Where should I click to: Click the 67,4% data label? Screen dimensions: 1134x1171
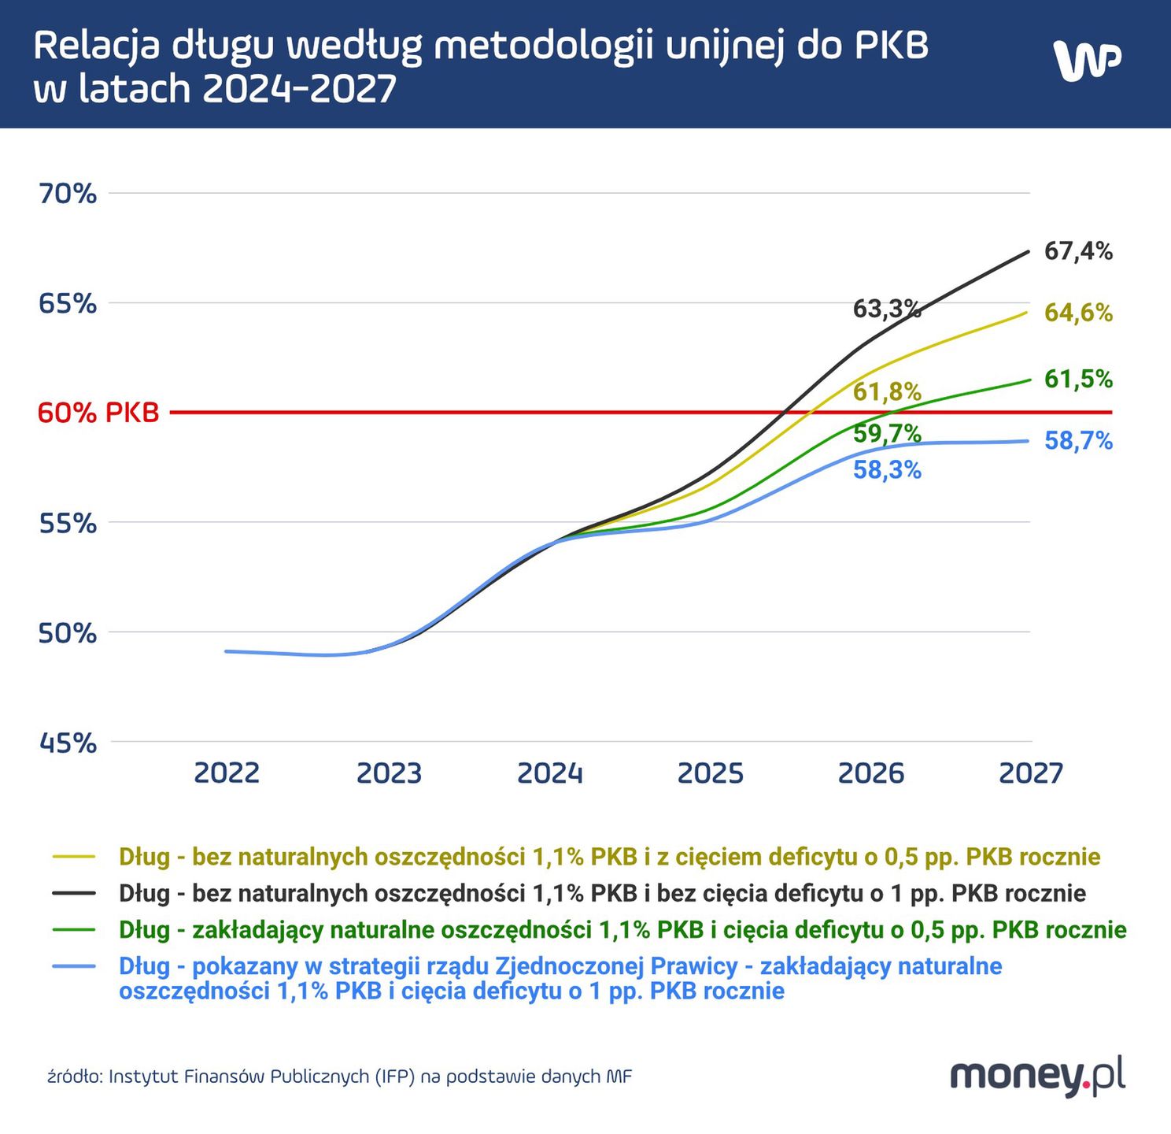1078,251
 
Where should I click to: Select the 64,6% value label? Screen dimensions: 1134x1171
1078,313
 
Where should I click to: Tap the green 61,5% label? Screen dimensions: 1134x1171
1078,379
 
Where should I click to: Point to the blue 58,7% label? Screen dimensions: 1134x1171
1078,441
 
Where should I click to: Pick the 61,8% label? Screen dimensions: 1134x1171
887,391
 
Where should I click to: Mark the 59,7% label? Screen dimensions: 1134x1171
887,433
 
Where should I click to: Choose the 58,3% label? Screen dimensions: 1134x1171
887,470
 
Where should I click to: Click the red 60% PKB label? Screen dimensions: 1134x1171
98,412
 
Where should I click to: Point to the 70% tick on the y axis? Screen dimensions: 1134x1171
68,193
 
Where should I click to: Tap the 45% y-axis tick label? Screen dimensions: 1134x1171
68,742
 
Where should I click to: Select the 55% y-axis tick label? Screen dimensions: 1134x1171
68,523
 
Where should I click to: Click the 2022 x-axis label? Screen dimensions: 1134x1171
227,773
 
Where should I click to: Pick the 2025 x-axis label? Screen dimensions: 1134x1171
710,773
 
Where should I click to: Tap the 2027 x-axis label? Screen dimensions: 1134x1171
1031,773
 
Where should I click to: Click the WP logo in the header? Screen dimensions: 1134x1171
1087,60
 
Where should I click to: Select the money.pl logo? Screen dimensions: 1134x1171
1037,1075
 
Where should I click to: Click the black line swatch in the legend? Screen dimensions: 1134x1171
74,893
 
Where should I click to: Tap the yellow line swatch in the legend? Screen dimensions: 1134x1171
74,857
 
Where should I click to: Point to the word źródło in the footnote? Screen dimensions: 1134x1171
74,1077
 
